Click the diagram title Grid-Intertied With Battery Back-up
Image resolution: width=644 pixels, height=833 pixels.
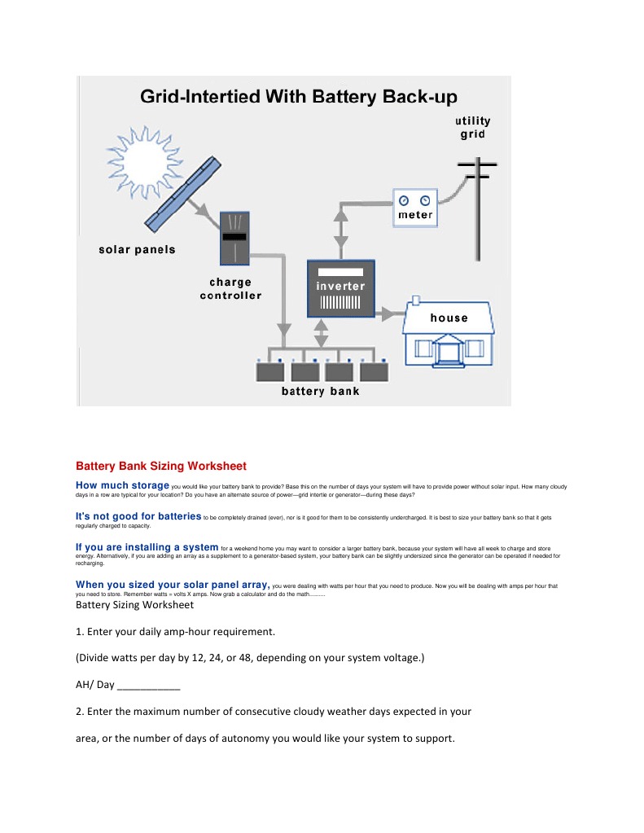click(293, 97)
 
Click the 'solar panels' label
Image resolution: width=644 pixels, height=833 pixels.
click(137, 249)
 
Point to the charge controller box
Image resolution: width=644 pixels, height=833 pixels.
click(234, 237)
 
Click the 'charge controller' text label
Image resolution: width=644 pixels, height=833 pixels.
click(230, 289)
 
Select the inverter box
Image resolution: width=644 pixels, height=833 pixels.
click(340, 288)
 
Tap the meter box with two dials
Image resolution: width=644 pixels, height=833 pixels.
click(415, 208)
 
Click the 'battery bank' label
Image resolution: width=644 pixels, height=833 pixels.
click(320, 392)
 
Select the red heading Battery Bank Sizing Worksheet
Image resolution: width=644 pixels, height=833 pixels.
click(160, 467)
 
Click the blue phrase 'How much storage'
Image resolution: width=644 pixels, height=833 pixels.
click(122, 485)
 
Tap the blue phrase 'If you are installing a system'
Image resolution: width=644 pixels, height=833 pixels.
click(147, 547)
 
